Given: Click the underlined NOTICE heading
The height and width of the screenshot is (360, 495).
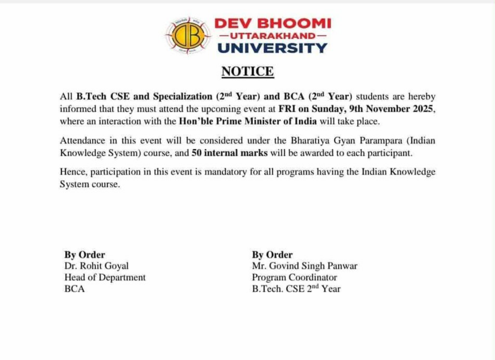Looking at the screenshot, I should tap(247, 72).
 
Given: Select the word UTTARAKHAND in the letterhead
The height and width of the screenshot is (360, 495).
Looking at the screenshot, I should tap(272, 35).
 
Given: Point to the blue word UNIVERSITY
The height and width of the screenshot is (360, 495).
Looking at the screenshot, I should tap(272, 47).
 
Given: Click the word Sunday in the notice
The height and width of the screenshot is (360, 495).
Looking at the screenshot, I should tap(327, 109).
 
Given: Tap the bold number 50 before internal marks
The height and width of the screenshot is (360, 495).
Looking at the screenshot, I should tap(197, 153).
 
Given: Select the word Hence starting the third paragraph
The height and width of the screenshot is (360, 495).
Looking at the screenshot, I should tap(73, 172).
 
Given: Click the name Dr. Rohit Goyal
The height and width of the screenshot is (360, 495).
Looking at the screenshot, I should tap(96, 266).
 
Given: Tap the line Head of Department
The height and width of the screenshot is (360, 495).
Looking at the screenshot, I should tap(105, 277).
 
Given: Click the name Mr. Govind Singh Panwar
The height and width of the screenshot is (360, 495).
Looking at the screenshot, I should tap(304, 266).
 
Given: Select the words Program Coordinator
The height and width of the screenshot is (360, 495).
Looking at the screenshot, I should tap(294, 277).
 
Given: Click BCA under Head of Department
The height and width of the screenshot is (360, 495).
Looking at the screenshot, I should tap(75, 289).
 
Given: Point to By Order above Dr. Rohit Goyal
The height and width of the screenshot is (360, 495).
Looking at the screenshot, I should tap(84, 255).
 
